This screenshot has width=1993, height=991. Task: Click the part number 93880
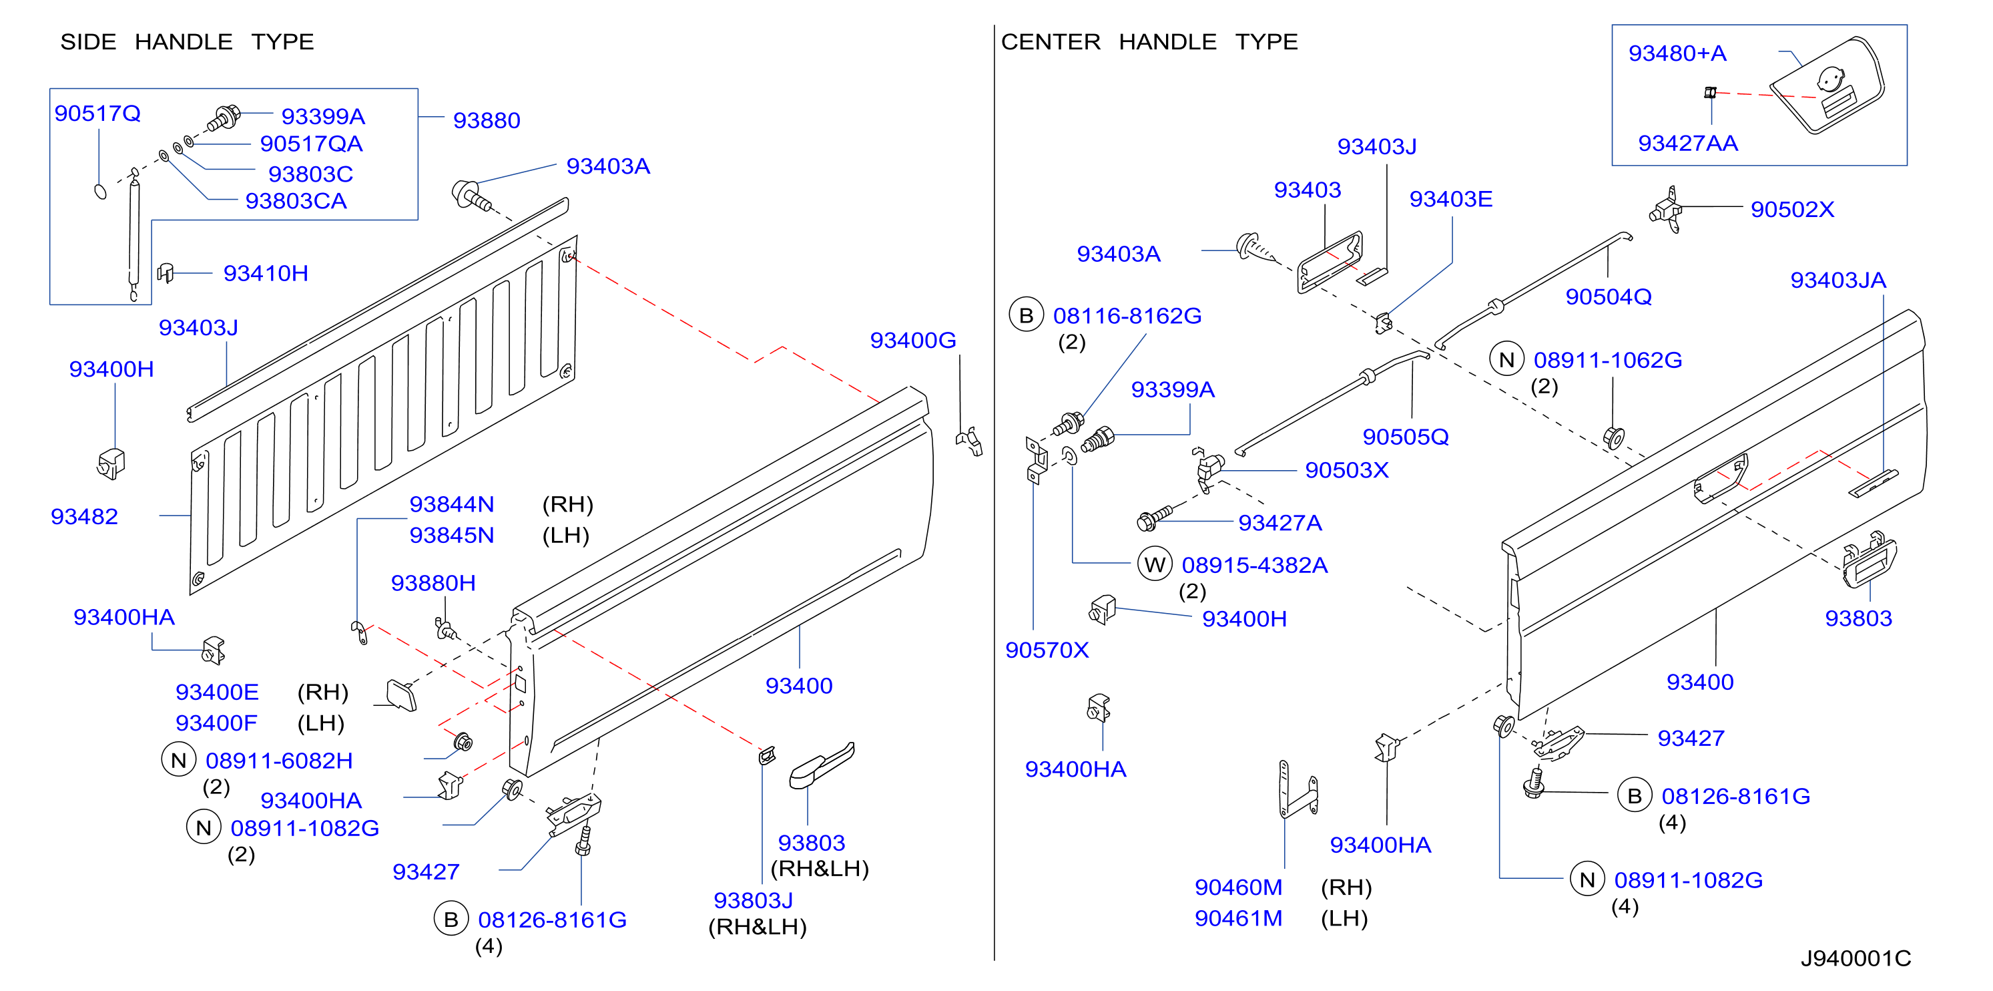pos(486,120)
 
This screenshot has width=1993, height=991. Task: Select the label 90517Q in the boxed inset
pos(97,113)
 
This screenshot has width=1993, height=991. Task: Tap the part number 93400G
pos(913,340)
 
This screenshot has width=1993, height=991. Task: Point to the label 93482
pos(84,516)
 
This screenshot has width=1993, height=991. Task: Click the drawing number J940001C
pos(1856,958)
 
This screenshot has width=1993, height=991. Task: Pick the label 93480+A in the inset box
pos(1677,53)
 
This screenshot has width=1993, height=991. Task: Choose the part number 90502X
pos(1792,209)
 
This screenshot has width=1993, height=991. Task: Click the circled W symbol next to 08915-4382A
pos(1154,564)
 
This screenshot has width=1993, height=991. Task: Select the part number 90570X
pos(1047,650)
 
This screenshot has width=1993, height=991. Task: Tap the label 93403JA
pos(1837,280)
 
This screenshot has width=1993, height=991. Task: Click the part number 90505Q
pos(1405,437)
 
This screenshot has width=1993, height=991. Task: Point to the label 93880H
pos(433,582)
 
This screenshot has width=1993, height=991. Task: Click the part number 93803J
pos(753,900)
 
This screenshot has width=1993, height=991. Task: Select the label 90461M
pos(1238,918)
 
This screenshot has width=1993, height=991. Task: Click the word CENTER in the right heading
pos(1051,42)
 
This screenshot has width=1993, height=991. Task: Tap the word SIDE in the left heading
pos(88,42)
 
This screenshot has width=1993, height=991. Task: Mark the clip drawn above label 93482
pos(111,463)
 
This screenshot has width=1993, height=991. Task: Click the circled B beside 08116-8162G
pos(1026,315)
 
